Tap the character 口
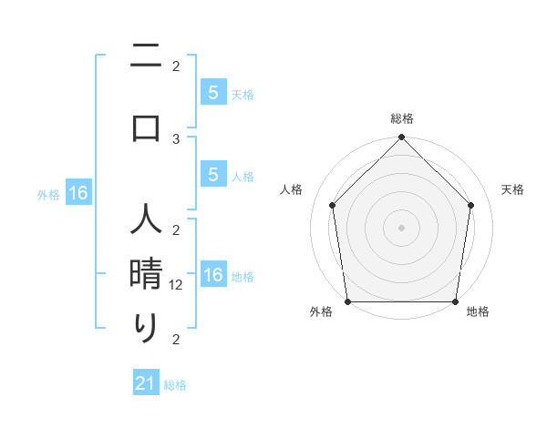tap(146, 127)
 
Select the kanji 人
tap(146, 221)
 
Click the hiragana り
tap(146, 328)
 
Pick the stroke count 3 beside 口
tap(176, 138)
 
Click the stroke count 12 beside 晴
tap(177, 285)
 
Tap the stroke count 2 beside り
tap(176, 340)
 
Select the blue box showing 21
tap(146, 383)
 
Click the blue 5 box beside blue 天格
tap(212, 92)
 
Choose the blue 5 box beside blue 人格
tap(212, 175)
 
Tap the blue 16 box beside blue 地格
tap(212, 275)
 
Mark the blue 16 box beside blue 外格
tap(78, 193)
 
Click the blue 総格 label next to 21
tap(175, 385)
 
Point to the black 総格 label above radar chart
tap(401, 119)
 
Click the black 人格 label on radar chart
tap(291, 189)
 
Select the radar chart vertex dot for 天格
tap(471, 205)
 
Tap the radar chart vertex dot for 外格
tap(347, 301)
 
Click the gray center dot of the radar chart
tap(401, 227)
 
